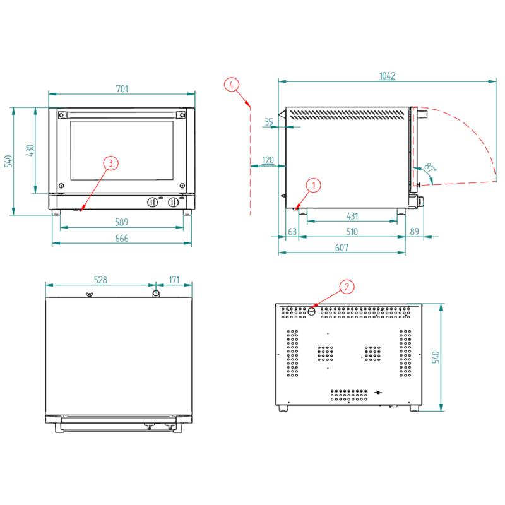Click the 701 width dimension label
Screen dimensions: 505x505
122,88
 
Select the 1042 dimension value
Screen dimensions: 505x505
387,76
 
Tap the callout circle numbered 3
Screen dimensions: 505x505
110,163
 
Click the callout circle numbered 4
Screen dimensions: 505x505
232,85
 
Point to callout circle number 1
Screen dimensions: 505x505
313,185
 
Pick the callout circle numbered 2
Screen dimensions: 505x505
347,287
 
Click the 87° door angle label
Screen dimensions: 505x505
430,167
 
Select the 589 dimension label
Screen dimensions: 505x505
122,222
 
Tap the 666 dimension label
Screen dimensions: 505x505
122,239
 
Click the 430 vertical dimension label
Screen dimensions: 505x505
30,150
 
